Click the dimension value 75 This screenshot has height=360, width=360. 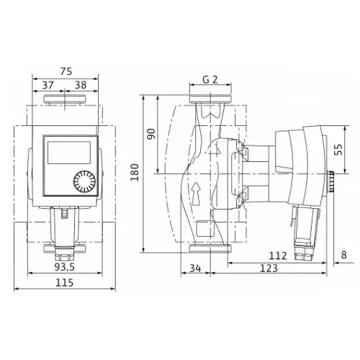pyautogui.click(x=66, y=71)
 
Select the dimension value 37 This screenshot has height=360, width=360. pyautogui.click(x=49, y=84)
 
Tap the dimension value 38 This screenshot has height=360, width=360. pyautogui.click(x=81, y=84)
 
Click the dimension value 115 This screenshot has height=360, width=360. pyautogui.click(x=66, y=284)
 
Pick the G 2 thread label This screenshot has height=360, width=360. pyautogui.click(x=210, y=81)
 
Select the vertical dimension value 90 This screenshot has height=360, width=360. pyautogui.click(x=151, y=134)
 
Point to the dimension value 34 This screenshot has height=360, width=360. pyautogui.click(x=194, y=269)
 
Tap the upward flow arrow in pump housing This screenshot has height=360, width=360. pyautogui.click(x=196, y=192)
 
